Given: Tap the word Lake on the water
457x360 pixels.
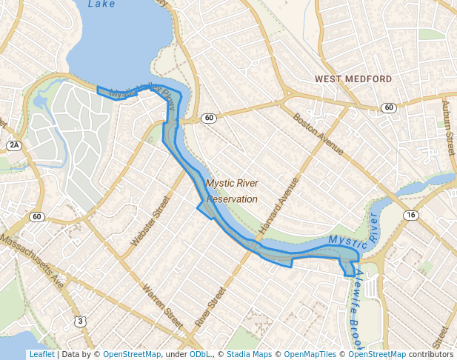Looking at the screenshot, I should pyautogui.click(x=101, y=4).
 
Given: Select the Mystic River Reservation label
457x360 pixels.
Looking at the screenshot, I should pyautogui.click(x=232, y=191).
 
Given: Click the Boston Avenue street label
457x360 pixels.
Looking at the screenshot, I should pyautogui.click(x=318, y=134).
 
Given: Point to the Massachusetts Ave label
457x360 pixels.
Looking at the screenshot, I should pyautogui.click(x=33, y=260).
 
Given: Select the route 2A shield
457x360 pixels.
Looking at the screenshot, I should pyautogui.click(x=14, y=144).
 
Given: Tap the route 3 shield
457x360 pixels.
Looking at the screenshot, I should pyautogui.click(x=79, y=320).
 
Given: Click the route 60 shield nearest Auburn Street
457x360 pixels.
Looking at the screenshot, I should pyautogui.click(x=389, y=108).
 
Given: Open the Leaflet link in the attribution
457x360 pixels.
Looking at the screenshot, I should pyautogui.click(x=41, y=355).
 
